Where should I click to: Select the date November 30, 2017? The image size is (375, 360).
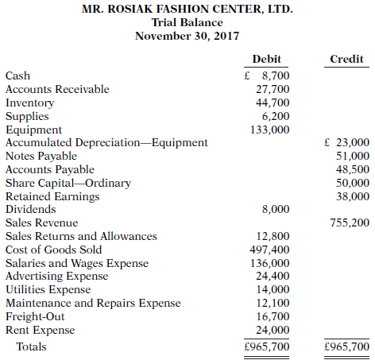click(187, 36)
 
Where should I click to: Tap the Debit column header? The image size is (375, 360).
click(267, 60)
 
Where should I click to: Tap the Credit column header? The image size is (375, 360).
click(346, 60)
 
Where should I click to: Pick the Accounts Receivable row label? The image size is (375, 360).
click(57, 89)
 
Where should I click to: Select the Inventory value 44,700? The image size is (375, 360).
click(273, 103)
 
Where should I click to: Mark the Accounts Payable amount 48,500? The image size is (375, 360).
click(353, 169)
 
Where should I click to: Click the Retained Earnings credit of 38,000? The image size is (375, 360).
click(353, 195)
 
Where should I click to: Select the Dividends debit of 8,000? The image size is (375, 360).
click(276, 209)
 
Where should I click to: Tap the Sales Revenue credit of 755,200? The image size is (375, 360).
click(350, 223)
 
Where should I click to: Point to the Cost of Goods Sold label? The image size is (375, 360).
click(53, 250)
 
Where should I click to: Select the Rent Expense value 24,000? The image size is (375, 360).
click(273, 330)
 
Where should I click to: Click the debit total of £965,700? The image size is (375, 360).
click(267, 347)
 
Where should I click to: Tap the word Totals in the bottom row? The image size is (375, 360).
click(31, 347)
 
